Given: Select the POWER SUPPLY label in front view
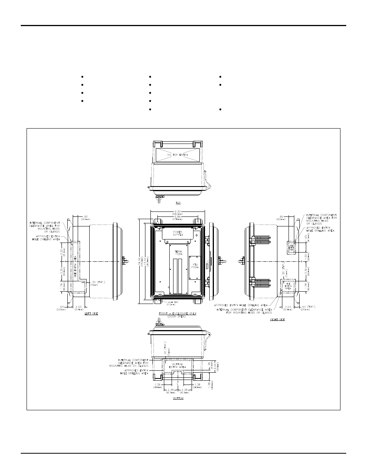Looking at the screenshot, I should pyautogui.click(x=177, y=233).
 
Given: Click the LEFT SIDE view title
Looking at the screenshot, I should pyautogui.click(x=91, y=314).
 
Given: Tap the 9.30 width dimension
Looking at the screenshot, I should pyautogui.click(x=177, y=212).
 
